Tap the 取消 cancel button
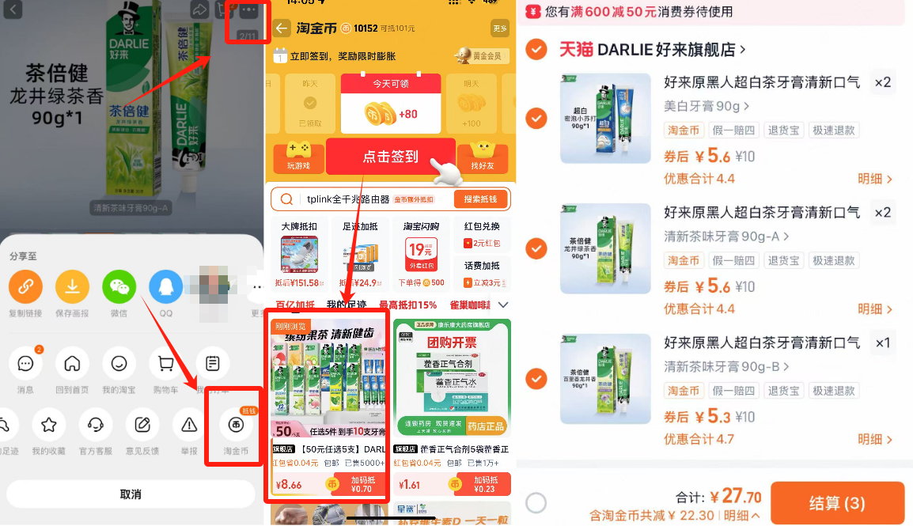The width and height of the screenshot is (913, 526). click(x=131, y=494)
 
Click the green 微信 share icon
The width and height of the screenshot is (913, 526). click(x=119, y=286)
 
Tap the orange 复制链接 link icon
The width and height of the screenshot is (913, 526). click(x=25, y=286)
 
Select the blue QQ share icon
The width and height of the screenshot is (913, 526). click(x=166, y=286)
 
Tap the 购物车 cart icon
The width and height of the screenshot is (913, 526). click(x=166, y=365)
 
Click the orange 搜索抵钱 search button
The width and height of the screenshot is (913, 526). click(x=480, y=199)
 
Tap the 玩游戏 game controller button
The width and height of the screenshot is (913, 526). click(x=298, y=156)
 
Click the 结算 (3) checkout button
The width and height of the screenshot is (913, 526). click(x=837, y=503)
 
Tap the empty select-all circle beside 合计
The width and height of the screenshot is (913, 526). click(x=536, y=503)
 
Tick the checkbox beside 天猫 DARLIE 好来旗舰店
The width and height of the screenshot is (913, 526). click(x=536, y=50)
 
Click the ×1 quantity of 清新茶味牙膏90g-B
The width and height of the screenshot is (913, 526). click(x=882, y=342)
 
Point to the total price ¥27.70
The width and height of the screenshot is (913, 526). click(x=736, y=497)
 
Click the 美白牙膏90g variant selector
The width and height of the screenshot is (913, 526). click(x=707, y=106)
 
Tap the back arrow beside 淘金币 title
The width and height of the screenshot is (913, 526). click(x=282, y=28)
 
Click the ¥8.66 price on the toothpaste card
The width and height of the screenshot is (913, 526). click(x=289, y=485)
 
